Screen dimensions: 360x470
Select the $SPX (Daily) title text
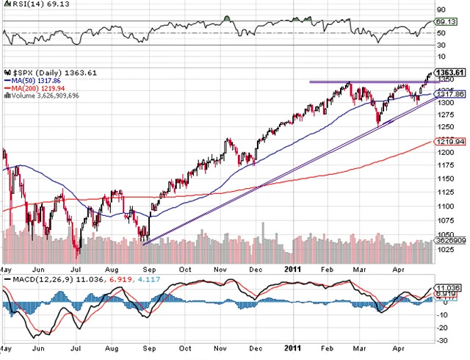[x=37, y=72]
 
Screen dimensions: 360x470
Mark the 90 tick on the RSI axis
[x=444, y=10]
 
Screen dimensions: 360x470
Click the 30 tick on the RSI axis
[x=444, y=46]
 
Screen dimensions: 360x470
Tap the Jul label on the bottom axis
[x=76, y=269]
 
